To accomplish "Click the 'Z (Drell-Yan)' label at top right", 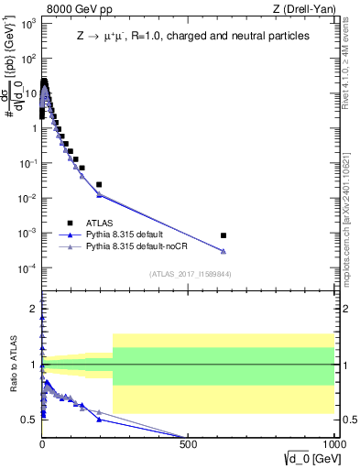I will (x=303, y=10).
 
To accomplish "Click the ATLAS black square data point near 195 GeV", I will (x=99, y=184).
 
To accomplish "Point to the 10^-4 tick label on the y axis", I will (x=27, y=268).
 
